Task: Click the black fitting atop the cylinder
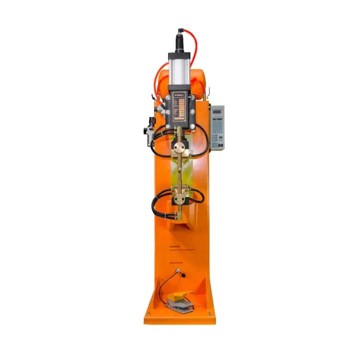180,38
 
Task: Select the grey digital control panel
216,128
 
